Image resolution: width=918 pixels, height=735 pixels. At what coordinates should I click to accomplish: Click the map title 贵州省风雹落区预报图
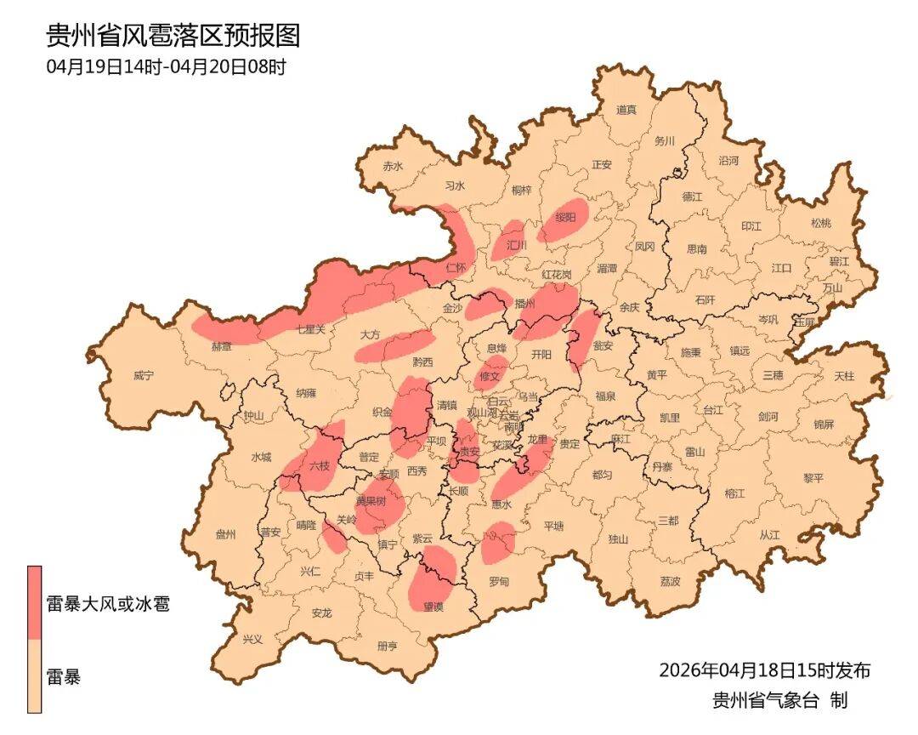pos(173,36)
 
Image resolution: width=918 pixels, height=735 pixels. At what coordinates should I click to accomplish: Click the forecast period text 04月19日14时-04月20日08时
pos(166,67)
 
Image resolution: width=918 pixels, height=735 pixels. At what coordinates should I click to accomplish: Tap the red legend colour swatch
pos(34,602)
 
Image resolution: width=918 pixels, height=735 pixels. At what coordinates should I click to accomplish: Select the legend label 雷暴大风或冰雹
pos(107,605)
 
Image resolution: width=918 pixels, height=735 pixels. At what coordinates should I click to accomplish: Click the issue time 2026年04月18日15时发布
pos(764,670)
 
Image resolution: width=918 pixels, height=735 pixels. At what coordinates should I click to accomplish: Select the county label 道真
pos(626,110)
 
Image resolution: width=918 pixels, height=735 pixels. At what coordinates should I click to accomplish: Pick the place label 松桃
pos(820,223)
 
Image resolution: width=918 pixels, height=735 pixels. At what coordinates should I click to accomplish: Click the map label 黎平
pos(813,478)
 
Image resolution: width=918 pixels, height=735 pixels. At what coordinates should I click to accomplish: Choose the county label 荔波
pos(670,582)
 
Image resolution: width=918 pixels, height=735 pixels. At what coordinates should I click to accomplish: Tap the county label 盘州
pos(225,534)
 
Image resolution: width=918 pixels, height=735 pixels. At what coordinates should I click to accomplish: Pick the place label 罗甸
pos(499,581)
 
